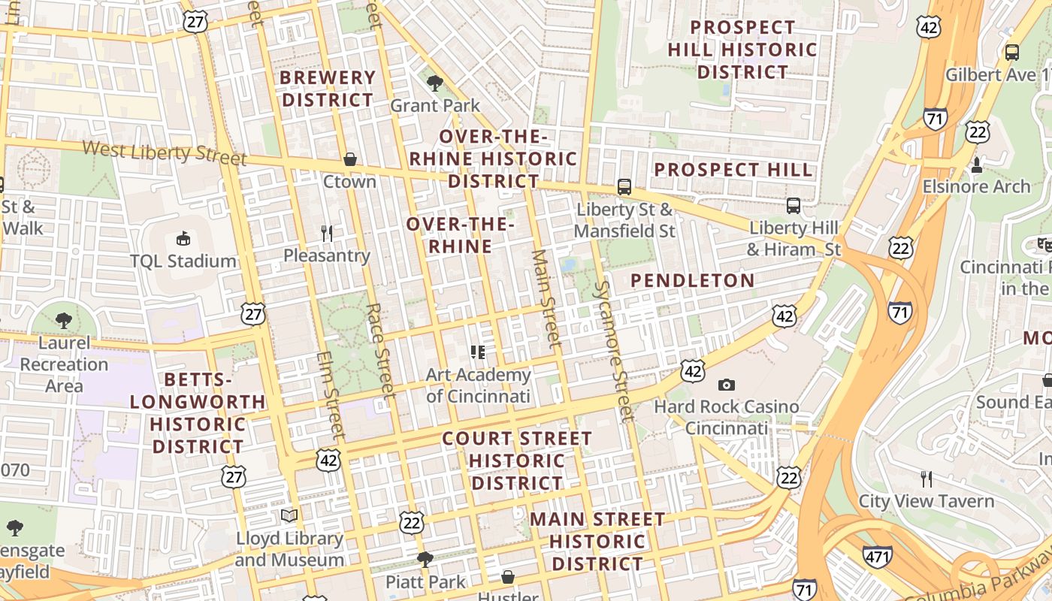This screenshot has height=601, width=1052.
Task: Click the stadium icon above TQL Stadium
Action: (183, 239)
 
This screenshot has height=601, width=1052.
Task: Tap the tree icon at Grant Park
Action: (434, 83)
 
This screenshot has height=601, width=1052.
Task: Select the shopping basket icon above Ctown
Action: (349, 159)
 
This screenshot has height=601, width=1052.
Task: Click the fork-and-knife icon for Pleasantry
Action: (327, 234)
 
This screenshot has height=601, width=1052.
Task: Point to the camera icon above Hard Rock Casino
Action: (726, 385)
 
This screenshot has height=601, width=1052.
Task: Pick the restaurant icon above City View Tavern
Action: (927, 479)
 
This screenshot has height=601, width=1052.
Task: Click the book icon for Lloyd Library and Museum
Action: (289, 515)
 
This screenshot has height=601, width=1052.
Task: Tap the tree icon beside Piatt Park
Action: (425, 559)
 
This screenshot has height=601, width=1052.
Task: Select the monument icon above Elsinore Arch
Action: (977, 164)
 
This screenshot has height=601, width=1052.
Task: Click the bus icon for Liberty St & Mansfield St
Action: (624, 187)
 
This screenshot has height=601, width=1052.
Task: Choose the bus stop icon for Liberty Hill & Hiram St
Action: (794, 205)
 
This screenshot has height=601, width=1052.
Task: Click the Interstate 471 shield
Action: (878, 557)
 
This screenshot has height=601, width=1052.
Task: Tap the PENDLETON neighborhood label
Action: (692, 281)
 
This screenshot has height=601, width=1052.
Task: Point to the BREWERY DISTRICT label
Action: (328, 89)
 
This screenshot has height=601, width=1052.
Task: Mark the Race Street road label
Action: (379, 350)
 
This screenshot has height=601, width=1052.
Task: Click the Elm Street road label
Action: (329, 396)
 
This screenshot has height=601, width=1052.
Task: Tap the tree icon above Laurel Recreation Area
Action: (64, 321)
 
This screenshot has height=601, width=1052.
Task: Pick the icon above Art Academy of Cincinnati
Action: (478, 351)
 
